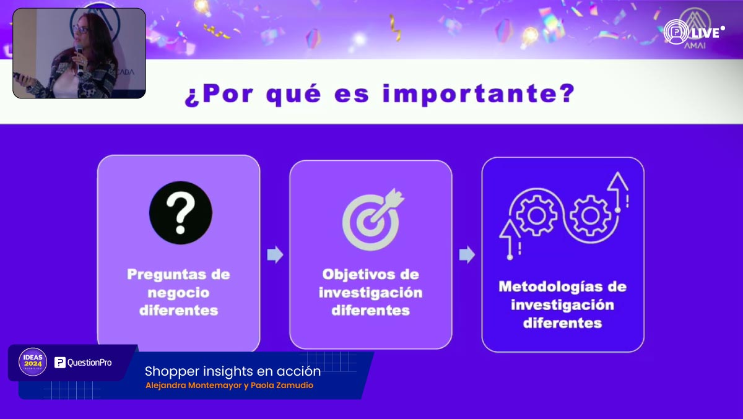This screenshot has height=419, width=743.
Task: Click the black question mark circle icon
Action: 180,212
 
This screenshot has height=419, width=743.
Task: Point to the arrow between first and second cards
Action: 275,254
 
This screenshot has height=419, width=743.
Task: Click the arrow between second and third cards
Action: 467,254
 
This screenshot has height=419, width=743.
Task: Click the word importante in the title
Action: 479,95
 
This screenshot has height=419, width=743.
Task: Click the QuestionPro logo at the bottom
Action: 84,363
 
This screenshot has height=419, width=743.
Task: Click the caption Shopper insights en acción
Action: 232,371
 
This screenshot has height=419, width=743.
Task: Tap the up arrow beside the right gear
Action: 618,186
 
